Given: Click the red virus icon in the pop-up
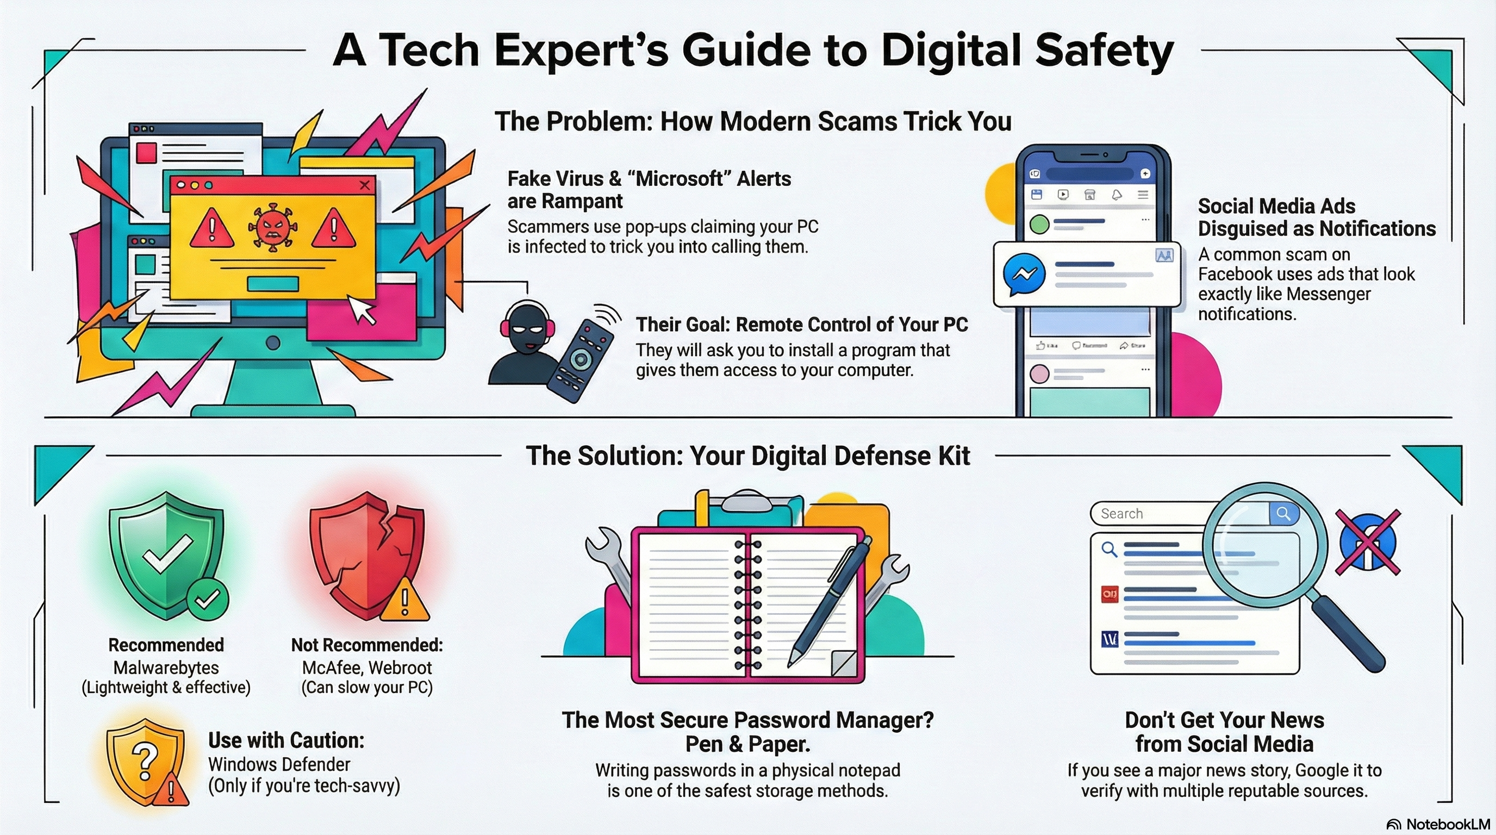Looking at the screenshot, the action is [270, 228].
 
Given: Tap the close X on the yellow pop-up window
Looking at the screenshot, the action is [365, 185].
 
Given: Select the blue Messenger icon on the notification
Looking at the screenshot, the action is [1025, 274].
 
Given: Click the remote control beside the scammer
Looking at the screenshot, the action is [581, 360].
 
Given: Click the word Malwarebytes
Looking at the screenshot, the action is [166, 668].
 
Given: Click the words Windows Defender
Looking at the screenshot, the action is [279, 764].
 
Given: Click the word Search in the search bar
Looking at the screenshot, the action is [1121, 513].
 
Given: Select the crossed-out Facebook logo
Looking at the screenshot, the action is [1368, 542].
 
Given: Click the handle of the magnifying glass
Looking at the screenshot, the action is [1348, 633].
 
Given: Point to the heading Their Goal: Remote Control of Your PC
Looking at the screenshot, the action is [802, 325].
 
